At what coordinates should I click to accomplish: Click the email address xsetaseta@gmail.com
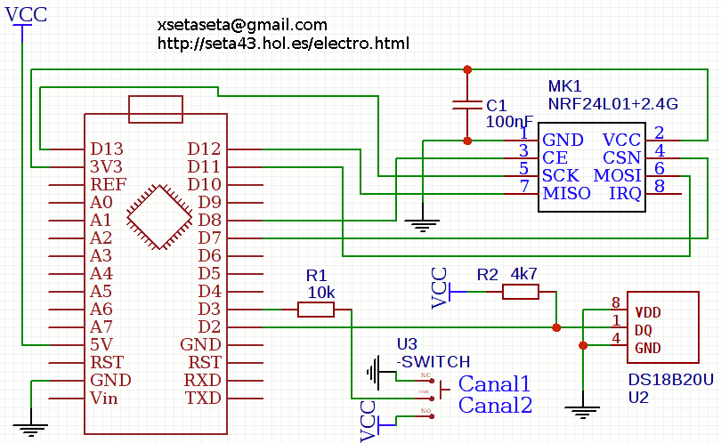(x=242, y=25)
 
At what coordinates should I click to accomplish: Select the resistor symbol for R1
(x=316, y=309)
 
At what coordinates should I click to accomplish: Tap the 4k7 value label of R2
(x=524, y=274)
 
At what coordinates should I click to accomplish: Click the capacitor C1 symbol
(x=468, y=105)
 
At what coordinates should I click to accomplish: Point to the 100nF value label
(x=509, y=121)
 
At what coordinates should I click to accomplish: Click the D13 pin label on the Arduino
(x=107, y=149)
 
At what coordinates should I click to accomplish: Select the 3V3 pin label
(x=106, y=166)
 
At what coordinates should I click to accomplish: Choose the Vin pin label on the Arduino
(x=104, y=398)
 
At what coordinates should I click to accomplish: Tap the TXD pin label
(x=203, y=398)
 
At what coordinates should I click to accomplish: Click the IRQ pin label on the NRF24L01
(x=625, y=193)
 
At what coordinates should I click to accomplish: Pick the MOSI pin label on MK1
(x=618, y=175)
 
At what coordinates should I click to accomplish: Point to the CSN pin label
(x=622, y=157)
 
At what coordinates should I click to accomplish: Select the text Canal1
(x=494, y=384)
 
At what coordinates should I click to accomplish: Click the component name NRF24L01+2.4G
(x=612, y=104)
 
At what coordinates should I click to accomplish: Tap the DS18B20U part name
(x=670, y=380)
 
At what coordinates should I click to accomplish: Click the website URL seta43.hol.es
(x=283, y=43)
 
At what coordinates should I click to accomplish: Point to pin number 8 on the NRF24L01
(x=659, y=186)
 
